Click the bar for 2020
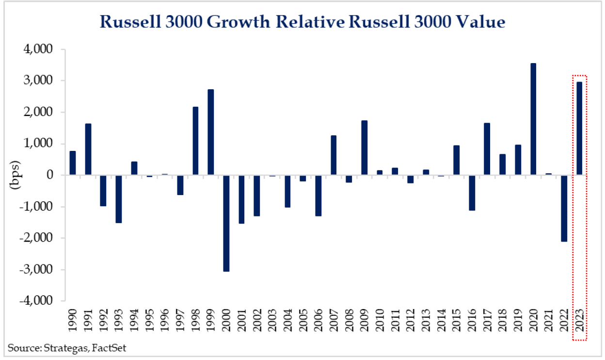tap(533, 119)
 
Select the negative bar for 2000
tap(226, 223)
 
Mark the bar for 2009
tap(364, 148)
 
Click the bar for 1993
tap(119, 199)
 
